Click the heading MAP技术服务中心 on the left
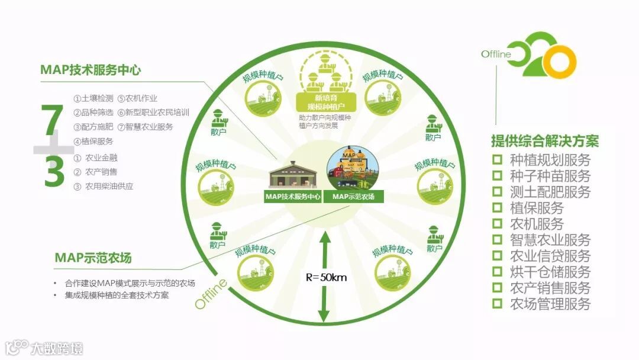pos(91,70)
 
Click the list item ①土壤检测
pos(93,98)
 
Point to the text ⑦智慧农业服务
pos(145,127)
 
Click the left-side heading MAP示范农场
pos(93,258)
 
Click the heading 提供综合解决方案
pos(544,142)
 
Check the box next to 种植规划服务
pos(498,160)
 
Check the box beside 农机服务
pos(498,224)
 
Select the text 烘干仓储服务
pos(550,272)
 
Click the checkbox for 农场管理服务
pos(498,304)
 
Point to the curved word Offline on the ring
pos(211,293)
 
